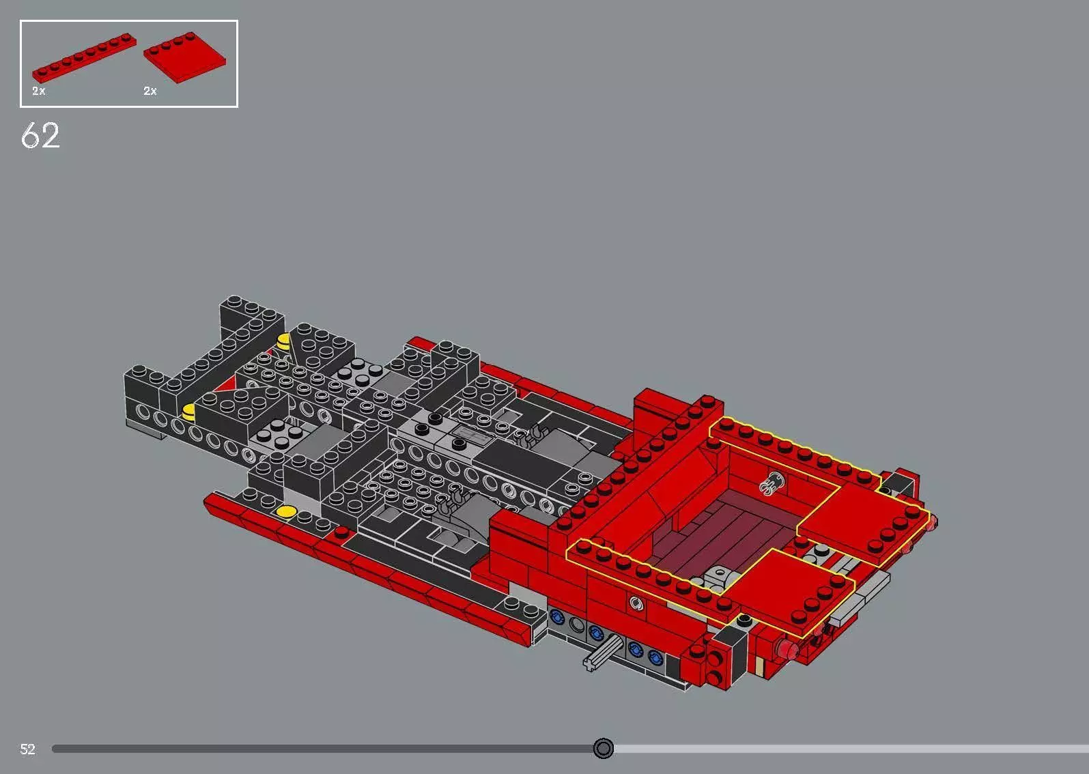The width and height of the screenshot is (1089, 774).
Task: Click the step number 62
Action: point(41,135)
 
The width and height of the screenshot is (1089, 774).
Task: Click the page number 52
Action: point(27,749)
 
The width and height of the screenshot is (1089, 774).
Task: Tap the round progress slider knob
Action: point(603,749)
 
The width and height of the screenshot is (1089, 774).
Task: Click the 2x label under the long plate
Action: point(39,91)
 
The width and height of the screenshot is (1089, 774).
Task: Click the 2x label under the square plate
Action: point(150,91)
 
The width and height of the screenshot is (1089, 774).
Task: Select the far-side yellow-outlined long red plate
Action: point(785,444)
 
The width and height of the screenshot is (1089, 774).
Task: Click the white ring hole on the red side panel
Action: point(636,603)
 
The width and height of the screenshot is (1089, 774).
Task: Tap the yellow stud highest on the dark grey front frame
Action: point(283,339)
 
